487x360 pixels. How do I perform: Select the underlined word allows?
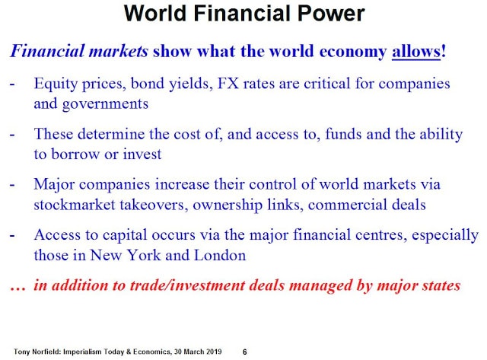point(416,51)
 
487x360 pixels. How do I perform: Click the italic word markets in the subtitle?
point(119,51)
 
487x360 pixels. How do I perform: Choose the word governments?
point(105,104)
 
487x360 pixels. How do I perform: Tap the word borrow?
point(75,154)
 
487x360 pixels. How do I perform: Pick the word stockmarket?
point(75,205)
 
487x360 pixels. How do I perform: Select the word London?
point(220,255)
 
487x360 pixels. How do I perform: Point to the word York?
point(145,255)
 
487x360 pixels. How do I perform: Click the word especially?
point(445,235)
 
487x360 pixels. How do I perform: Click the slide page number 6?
point(245,352)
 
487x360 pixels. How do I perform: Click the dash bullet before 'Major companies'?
point(12,185)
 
